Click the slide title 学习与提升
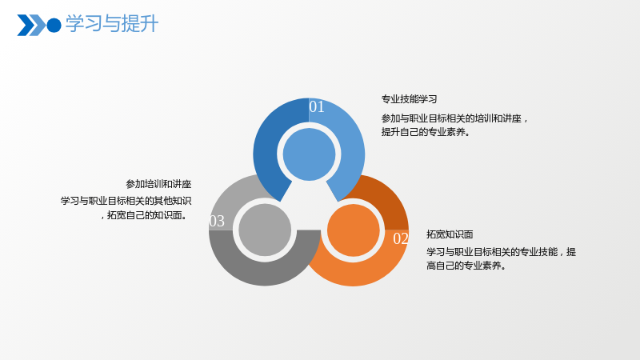click(112, 24)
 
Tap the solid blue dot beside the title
click(54, 26)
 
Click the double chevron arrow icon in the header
click(31, 26)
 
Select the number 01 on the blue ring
click(317, 107)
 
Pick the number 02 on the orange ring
click(401, 238)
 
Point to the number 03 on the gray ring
click(217, 222)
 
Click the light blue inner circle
click(309, 154)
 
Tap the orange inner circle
click(354, 230)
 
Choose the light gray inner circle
click(265, 230)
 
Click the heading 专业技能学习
click(409, 99)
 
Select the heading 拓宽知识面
click(450, 234)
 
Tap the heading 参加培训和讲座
click(158, 184)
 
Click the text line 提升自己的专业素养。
click(426, 132)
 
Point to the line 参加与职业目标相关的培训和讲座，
click(454, 118)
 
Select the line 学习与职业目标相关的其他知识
click(126, 201)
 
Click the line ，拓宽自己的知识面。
click(145, 215)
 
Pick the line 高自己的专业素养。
click(466, 266)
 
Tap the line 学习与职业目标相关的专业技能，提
click(502, 252)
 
